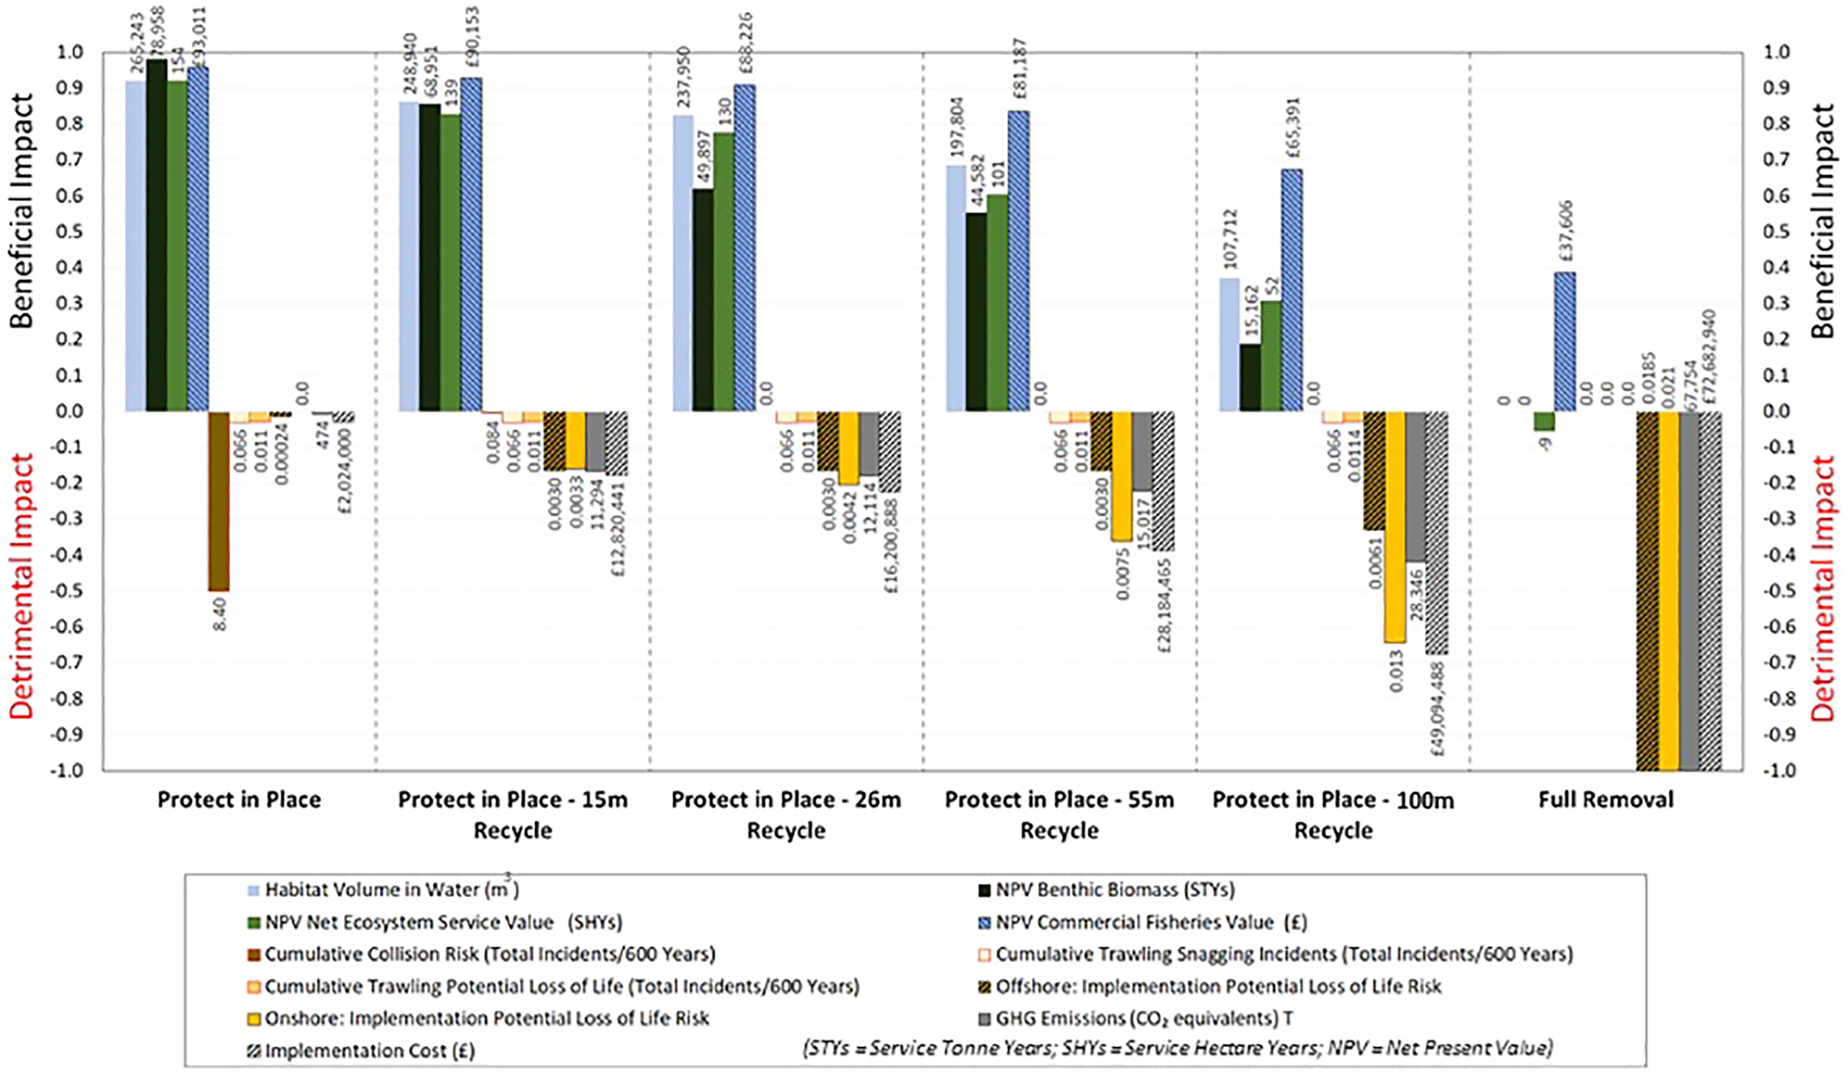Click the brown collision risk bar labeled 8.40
(x=218, y=501)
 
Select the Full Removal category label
(x=1606, y=799)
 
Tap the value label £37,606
(x=1564, y=234)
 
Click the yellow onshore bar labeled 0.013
(x=1395, y=526)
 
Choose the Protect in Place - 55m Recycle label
(x=1059, y=814)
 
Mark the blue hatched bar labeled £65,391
(x=1291, y=290)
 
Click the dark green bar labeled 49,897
(x=703, y=299)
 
